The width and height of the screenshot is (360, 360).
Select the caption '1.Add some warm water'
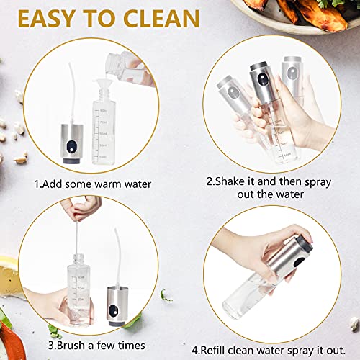[92, 184]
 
